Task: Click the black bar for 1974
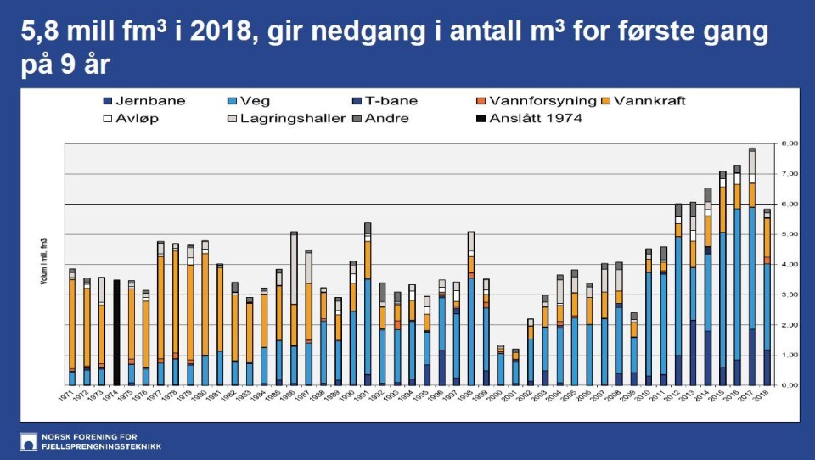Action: tap(116, 332)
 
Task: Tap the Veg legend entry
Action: tap(249, 101)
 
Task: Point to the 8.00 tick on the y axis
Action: tap(789, 144)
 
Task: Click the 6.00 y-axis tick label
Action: tap(789, 205)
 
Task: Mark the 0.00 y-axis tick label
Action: tap(789, 385)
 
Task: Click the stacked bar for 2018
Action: tap(767, 297)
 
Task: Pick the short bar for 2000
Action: tap(501, 365)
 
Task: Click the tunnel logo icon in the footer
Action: tap(28, 441)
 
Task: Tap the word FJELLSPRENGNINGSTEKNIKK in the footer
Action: tap(101, 446)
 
